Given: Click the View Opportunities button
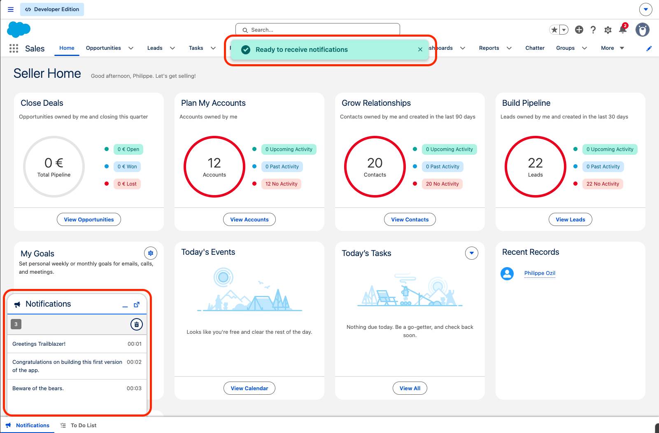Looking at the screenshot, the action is point(88,219).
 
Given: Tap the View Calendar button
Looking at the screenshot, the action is point(249,388).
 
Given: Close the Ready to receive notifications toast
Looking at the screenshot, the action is point(420,49).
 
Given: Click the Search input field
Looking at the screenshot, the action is point(317,30).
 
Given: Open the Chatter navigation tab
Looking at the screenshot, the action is point(535,48).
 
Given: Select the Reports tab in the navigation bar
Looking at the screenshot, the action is point(489,48).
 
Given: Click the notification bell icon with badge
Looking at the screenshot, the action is point(623,29).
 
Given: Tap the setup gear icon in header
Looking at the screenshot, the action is point(608,30).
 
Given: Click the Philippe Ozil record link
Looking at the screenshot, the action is point(540,273).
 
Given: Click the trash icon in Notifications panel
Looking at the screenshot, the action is point(137,324).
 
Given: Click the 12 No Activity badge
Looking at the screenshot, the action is point(281,184).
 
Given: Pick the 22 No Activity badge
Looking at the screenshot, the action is point(603,184).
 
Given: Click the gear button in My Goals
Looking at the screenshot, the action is point(150,253).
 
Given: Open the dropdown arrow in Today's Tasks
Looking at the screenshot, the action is point(471,253).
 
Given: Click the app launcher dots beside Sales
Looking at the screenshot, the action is point(14,48).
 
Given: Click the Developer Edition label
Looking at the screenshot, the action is point(52,9).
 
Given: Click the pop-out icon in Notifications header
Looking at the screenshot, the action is point(137,305).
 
